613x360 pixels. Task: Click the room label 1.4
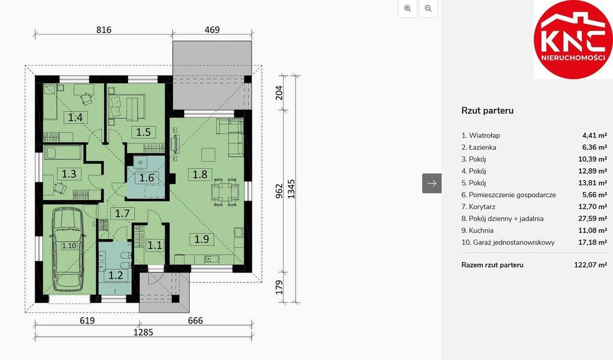[75, 117]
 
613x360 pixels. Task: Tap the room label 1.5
[144, 132]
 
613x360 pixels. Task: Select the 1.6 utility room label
[147, 178]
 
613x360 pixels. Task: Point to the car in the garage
[69, 249]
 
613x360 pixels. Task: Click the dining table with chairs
[225, 192]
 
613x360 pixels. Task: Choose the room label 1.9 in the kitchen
[202, 238]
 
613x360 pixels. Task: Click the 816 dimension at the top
[104, 30]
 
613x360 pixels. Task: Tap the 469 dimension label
[213, 30]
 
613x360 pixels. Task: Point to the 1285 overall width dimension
[144, 332]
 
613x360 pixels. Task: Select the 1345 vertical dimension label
[292, 189]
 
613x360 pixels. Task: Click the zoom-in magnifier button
[408, 8]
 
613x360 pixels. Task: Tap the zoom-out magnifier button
[428, 8]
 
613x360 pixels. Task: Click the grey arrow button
[432, 183]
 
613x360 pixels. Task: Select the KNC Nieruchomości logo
[573, 39]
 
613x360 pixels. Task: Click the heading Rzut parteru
[487, 111]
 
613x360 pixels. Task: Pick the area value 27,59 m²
[592, 219]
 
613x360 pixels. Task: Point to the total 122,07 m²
[590, 265]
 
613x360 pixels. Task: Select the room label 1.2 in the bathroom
[116, 275]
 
